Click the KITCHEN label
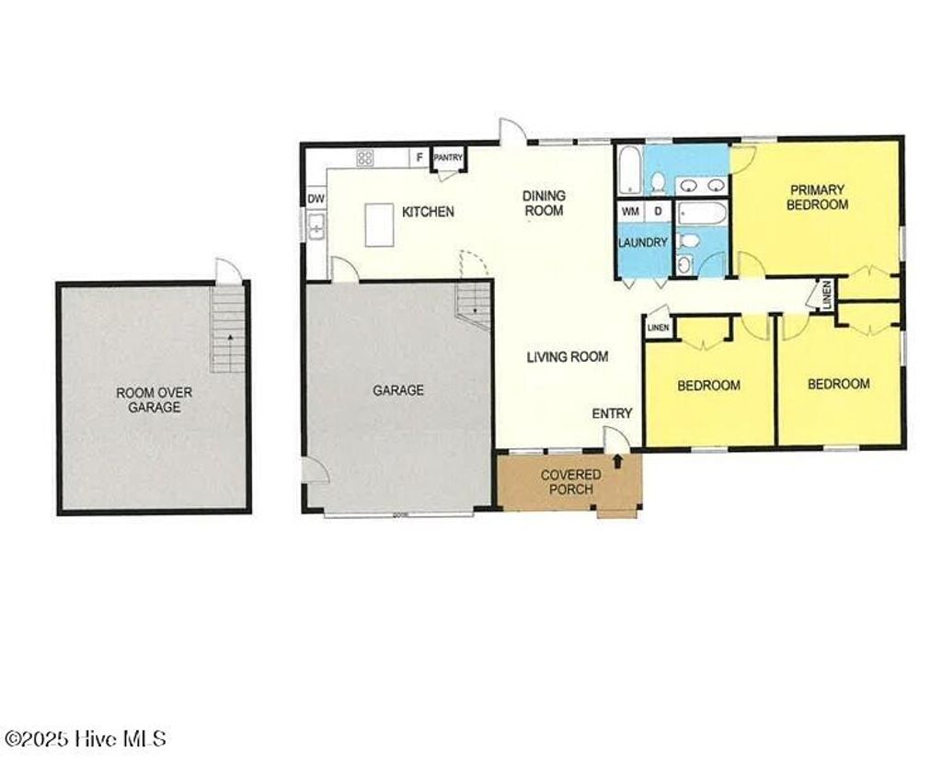pos(428,212)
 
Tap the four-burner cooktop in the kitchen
pos(365,158)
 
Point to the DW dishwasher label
pos(316,199)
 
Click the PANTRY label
pos(448,158)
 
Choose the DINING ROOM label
pos(544,202)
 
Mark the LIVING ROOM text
pos(567,356)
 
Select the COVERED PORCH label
pos(570,481)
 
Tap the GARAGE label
pos(397,390)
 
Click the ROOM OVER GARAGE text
pos(154,399)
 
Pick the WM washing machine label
pos(630,212)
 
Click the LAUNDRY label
pos(642,243)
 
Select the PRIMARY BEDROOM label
pos(817,197)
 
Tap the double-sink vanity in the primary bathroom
pos(702,186)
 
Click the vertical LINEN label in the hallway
pos(826,294)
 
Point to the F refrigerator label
pos(419,158)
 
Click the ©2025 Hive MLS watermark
pos(86,739)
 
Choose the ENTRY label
pos(612,413)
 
